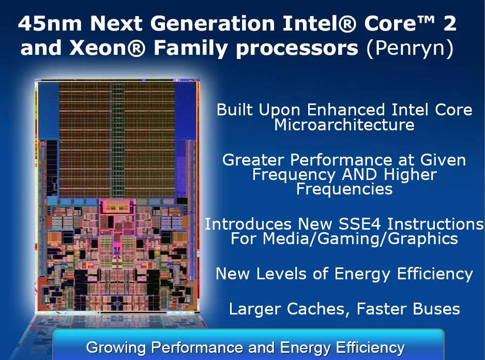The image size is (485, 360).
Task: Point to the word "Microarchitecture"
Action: [344, 125]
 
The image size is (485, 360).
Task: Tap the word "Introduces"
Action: [249, 224]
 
